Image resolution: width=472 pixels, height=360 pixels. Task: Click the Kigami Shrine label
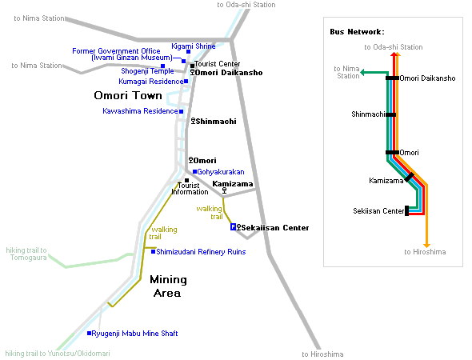(x=194, y=46)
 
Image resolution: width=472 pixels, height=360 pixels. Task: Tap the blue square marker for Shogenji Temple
(x=162, y=66)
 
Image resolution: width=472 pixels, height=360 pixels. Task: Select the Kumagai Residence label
(x=151, y=82)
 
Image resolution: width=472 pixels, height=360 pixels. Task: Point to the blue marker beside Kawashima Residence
(x=182, y=111)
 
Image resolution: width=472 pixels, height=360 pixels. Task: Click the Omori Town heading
(x=128, y=95)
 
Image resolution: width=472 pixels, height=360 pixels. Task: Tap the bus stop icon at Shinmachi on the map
(x=194, y=121)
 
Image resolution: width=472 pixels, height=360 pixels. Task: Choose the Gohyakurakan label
(x=221, y=172)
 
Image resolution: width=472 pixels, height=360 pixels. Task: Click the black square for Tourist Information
(x=186, y=180)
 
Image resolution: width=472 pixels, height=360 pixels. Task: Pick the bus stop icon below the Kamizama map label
(x=224, y=190)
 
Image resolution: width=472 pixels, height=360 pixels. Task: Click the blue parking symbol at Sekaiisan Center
(x=233, y=227)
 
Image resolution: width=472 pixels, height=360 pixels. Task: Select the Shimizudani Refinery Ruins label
(x=201, y=252)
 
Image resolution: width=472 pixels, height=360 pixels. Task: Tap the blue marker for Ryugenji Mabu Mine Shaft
(x=89, y=334)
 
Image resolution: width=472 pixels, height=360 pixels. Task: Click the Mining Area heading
(x=168, y=286)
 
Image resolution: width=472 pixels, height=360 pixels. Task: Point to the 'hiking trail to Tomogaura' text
(x=26, y=254)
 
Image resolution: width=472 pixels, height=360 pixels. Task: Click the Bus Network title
(x=358, y=32)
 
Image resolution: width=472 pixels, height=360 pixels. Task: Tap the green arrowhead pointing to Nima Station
(x=362, y=72)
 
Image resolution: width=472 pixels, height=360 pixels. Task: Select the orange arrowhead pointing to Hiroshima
(x=426, y=246)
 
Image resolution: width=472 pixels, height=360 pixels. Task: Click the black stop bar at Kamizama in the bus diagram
(x=409, y=177)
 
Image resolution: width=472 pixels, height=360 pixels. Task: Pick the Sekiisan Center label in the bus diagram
(x=378, y=211)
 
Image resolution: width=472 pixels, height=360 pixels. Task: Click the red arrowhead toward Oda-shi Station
(x=394, y=54)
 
